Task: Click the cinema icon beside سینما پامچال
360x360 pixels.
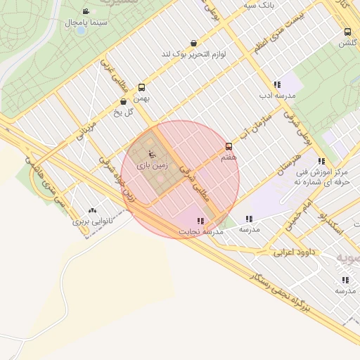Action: coord(86,12)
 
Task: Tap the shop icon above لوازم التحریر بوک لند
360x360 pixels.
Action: coord(193,42)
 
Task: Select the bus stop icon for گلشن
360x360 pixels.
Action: coord(347,32)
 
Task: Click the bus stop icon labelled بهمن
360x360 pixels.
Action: coord(142,88)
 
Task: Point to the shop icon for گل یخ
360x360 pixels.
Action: coord(124,101)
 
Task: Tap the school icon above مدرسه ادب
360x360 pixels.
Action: coord(277,84)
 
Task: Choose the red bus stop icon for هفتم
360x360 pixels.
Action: coord(229,147)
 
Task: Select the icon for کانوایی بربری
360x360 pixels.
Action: coord(92,210)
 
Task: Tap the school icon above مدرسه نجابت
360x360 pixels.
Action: coord(201,221)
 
